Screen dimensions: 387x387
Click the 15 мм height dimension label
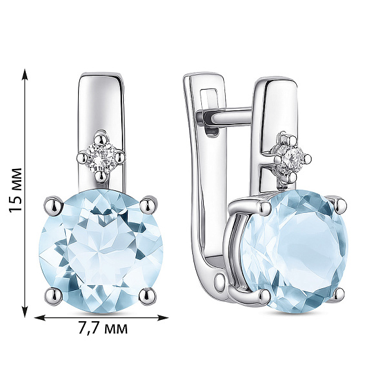[15, 190]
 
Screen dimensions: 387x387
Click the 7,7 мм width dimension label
[103, 328]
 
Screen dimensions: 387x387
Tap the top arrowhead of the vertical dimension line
[25, 74]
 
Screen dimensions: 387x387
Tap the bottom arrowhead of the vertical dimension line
[25, 312]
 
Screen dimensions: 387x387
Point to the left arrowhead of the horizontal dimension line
[40, 318]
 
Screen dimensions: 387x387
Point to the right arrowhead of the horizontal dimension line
[163, 318]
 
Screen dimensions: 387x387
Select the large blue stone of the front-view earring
[101, 251]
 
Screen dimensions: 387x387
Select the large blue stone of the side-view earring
[293, 251]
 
